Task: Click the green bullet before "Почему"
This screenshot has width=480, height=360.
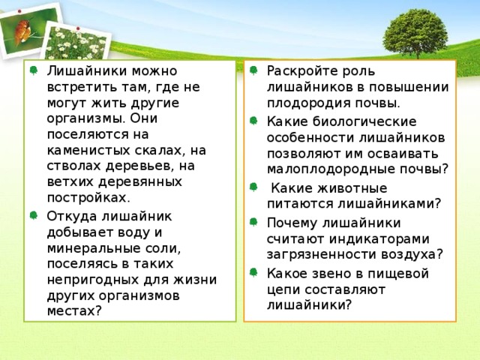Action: pyautogui.click(x=255, y=223)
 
